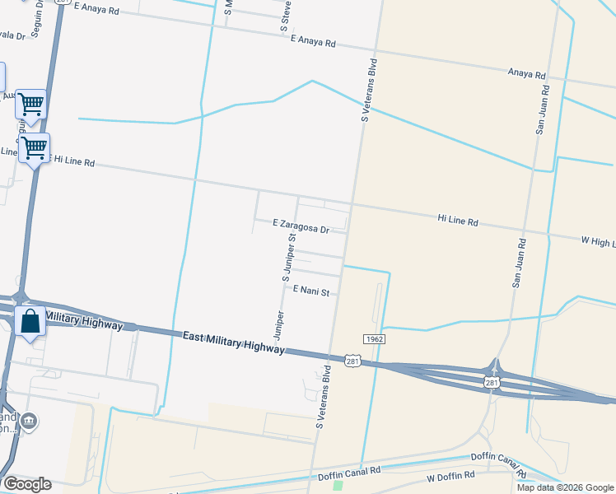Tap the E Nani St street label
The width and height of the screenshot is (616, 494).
pyautogui.click(x=310, y=291)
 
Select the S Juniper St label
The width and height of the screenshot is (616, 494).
pyautogui.click(x=289, y=258)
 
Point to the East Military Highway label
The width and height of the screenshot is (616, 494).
pyautogui.click(x=234, y=343)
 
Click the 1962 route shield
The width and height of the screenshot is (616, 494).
pyautogui.click(x=373, y=338)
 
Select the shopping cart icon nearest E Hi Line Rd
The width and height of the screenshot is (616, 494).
pyautogui.click(x=34, y=148)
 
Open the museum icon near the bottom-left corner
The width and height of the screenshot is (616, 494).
pyautogui.click(x=30, y=422)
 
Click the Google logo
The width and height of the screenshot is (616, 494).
pyautogui.click(x=27, y=484)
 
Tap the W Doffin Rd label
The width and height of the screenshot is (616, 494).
pyautogui.click(x=451, y=477)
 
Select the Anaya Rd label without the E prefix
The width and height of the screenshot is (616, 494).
pyautogui.click(x=527, y=75)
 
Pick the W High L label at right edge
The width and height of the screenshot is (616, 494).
pyautogui.click(x=598, y=241)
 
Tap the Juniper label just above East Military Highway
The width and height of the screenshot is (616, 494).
pyautogui.click(x=278, y=325)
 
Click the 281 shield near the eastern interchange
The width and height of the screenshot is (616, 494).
pyautogui.click(x=492, y=383)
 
